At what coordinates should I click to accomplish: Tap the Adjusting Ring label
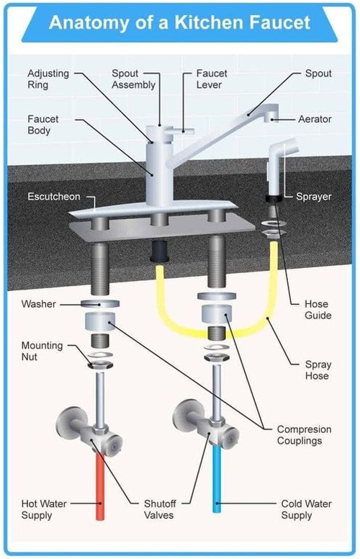click(x=48, y=79)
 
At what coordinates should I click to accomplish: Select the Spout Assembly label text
click(x=133, y=79)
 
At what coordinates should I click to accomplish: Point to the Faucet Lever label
click(x=212, y=79)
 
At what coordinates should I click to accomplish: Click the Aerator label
click(x=315, y=119)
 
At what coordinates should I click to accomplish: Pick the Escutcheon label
click(x=54, y=197)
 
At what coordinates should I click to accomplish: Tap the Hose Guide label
click(x=318, y=310)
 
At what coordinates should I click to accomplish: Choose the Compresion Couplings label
click(x=304, y=435)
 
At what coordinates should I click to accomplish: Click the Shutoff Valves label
click(x=160, y=509)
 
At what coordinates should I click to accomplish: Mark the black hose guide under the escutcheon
click(x=159, y=251)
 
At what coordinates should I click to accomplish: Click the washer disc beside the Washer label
click(x=100, y=304)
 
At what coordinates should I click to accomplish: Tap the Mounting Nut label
click(x=42, y=351)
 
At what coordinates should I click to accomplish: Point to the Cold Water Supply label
click(x=306, y=509)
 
